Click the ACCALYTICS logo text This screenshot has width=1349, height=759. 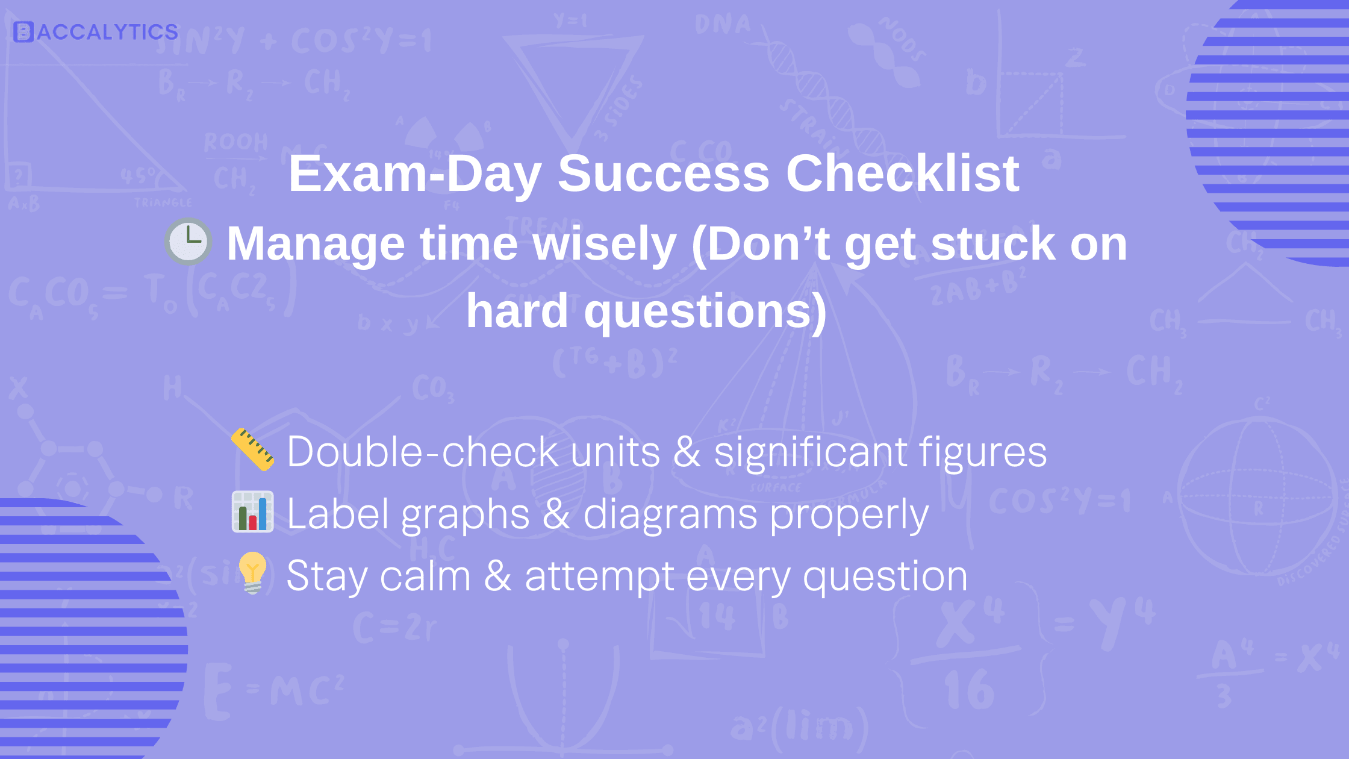coord(107,32)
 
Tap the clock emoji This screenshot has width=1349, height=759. coord(188,242)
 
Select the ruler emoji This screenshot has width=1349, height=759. coord(253,449)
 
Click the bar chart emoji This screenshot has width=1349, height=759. coord(253,512)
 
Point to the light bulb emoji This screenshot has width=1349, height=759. coord(252,573)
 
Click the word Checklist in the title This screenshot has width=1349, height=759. coord(902,173)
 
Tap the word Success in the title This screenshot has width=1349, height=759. coord(664,173)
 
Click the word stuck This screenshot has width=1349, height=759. coord(993,243)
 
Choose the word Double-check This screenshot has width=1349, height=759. coord(422,451)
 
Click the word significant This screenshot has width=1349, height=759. coord(811,452)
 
